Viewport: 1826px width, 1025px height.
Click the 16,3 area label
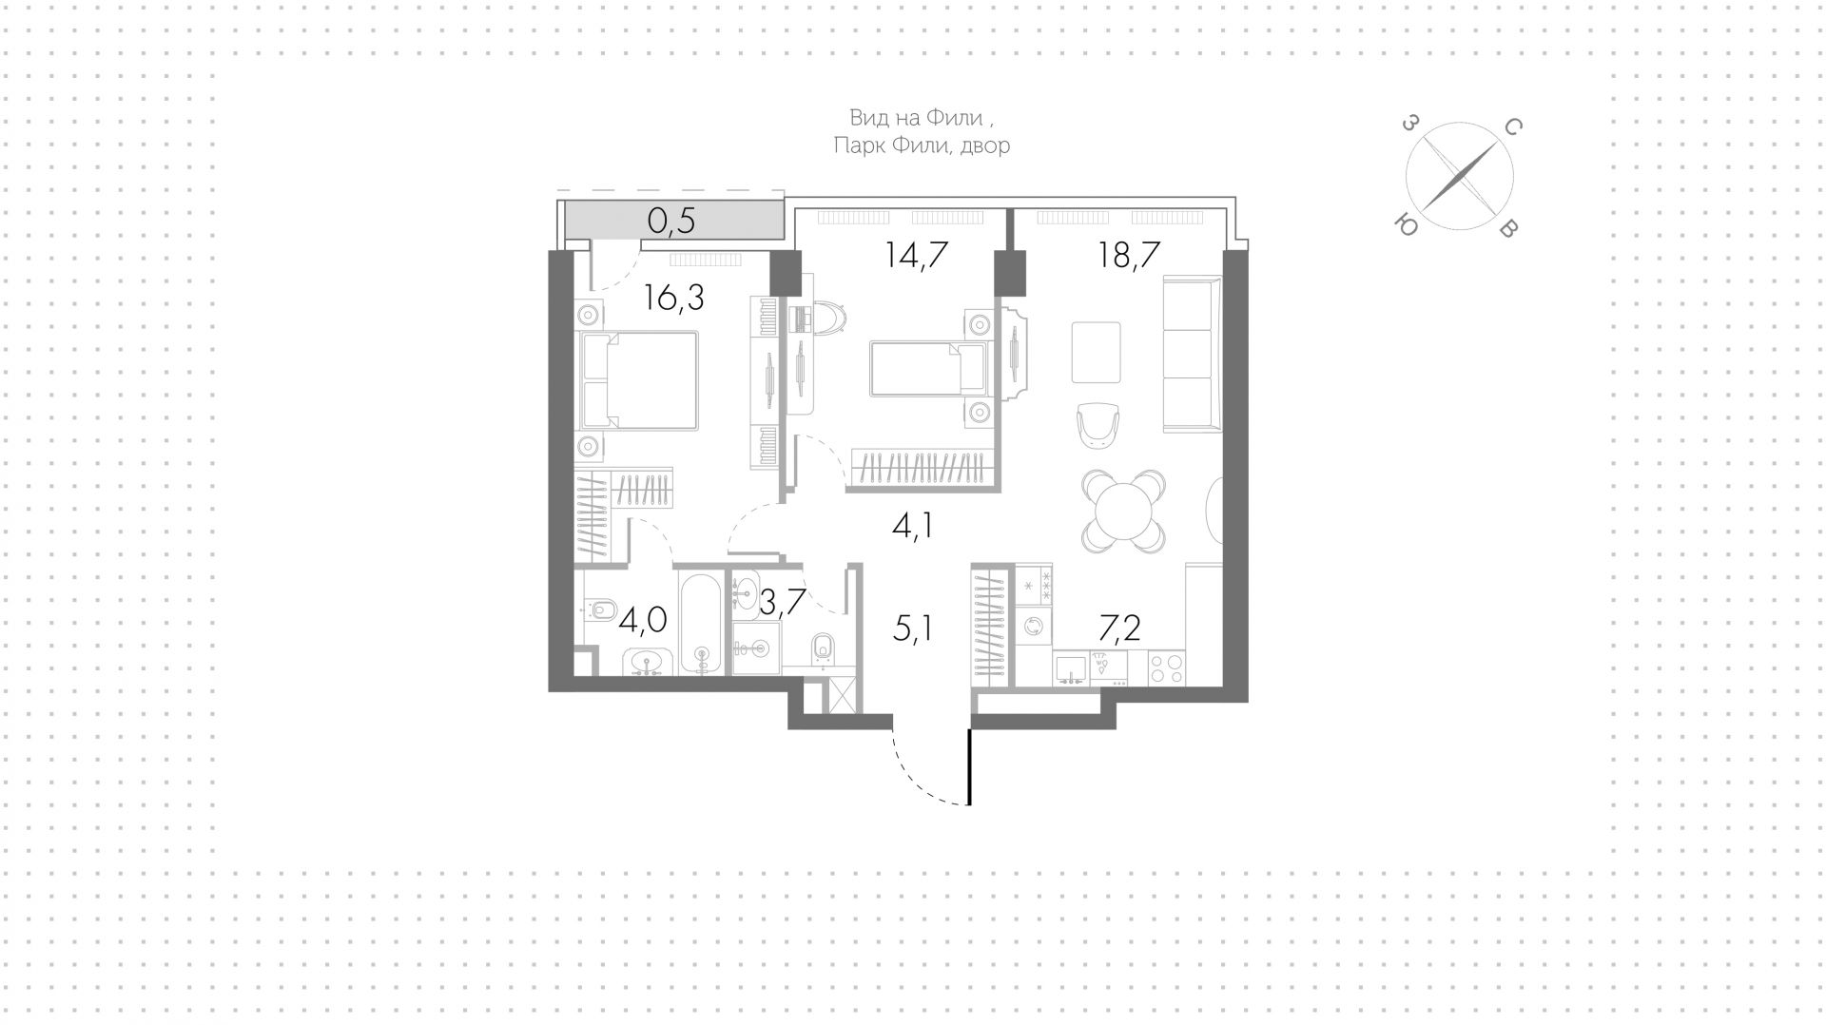pyautogui.click(x=673, y=299)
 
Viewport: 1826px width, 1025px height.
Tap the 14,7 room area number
pyautogui.click(x=916, y=256)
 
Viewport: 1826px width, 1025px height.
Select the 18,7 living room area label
pyautogui.click(x=1129, y=256)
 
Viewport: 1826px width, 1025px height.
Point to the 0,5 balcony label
pyautogui.click(x=671, y=221)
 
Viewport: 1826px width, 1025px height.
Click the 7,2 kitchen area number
pyautogui.click(x=1120, y=629)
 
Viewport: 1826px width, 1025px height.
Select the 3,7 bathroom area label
pyautogui.click(x=783, y=601)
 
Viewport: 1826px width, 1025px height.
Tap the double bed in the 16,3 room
pyautogui.click(x=639, y=380)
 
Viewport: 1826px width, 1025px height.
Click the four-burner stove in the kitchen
pyautogui.click(x=1167, y=667)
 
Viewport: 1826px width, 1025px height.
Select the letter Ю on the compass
pyautogui.click(x=1404, y=225)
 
